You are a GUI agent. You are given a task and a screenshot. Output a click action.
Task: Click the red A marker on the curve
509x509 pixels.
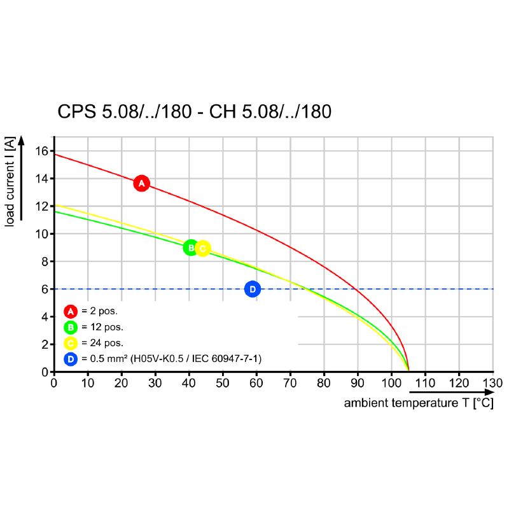pyautogui.click(x=141, y=183)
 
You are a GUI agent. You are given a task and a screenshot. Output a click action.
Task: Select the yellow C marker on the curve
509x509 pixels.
pyautogui.click(x=202, y=249)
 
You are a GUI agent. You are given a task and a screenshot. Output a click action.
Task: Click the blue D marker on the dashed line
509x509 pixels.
pyautogui.click(x=253, y=289)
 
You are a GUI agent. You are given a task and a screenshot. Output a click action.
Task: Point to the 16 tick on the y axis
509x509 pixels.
pyautogui.click(x=43, y=151)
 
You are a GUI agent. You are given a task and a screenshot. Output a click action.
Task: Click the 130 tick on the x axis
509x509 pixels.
pyautogui.click(x=492, y=383)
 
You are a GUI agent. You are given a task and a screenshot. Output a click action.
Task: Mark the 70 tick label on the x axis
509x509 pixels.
pyautogui.click(x=290, y=383)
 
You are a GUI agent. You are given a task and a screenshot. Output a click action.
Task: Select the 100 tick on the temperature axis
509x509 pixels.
pyautogui.click(x=391, y=383)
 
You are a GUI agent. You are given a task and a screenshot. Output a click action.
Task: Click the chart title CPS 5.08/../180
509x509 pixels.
pyautogui.click(x=195, y=112)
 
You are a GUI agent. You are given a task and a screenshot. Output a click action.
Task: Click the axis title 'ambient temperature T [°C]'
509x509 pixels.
pyautogui.click(x=419, y=403)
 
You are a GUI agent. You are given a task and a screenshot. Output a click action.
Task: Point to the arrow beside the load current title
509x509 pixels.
pyautogui.click(x=21, y=178)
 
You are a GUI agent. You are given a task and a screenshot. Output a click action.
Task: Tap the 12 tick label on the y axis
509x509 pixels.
pyautogui.click(x=43, y=207)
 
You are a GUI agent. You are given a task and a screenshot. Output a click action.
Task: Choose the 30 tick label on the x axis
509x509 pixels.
pyautogui.click(x=155, y=383)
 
